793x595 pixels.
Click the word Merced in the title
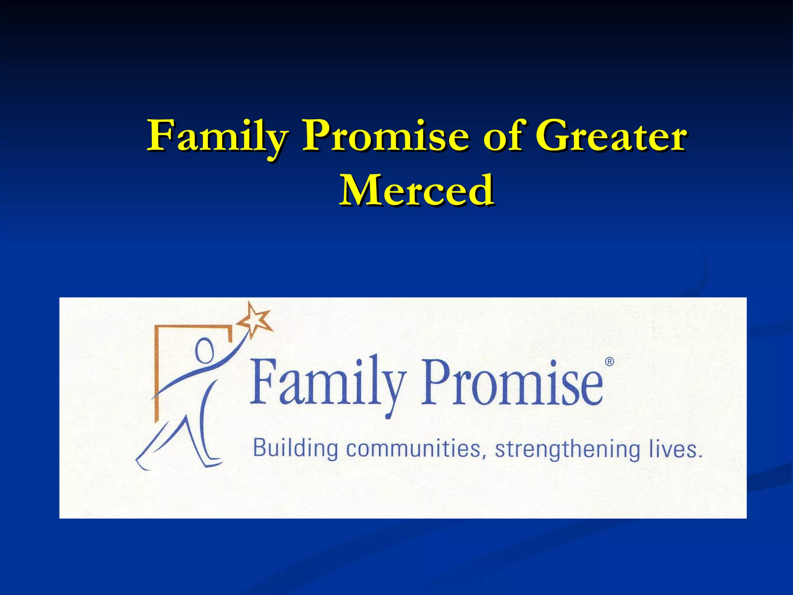(416, 191)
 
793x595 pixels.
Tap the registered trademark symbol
(609, 362)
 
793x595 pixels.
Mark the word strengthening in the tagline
(568, 450)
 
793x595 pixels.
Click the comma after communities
(484, 456)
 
